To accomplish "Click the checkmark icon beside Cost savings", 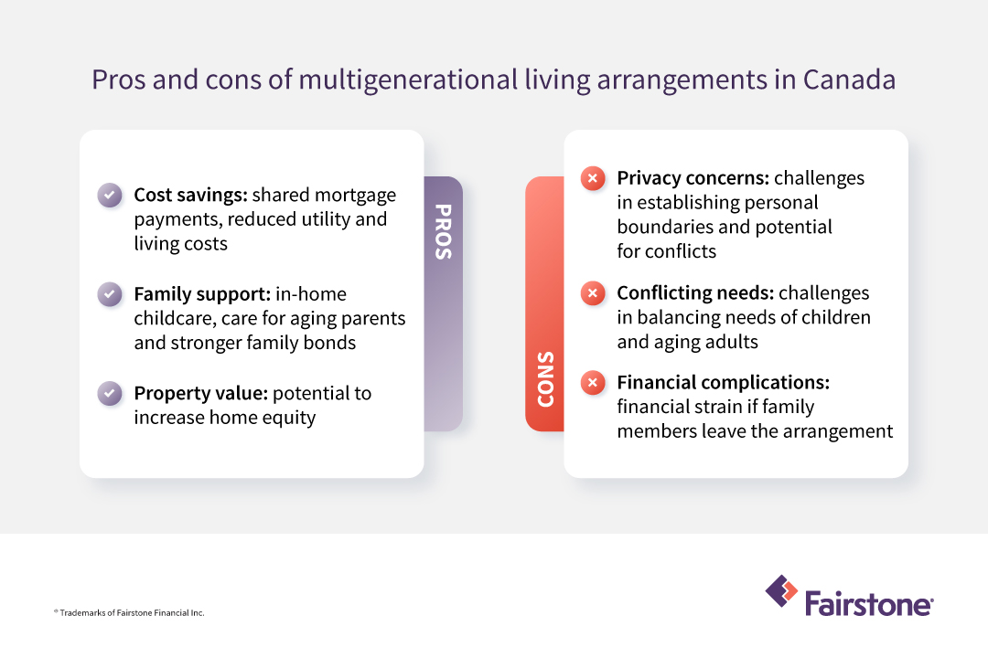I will (x=110, y=196).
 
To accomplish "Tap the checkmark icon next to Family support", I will (x=110, y=294).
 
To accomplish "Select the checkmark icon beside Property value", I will (x=110, y=394).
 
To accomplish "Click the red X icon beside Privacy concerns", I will (x=593, y=178).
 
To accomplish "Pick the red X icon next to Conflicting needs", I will (x=593, y=293).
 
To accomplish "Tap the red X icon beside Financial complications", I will (x=593, y=383).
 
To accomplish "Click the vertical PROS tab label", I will (x=443, y=231).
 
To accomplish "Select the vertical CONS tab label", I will (x=545, y=378).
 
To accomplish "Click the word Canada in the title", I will (x=849, y=80).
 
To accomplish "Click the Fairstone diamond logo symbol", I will (x=780, y=590).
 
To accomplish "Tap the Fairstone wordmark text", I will (x=868, y=604).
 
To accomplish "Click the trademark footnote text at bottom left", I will (x=129, y=612).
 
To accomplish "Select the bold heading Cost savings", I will (x=189, y=195).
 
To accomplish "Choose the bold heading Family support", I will (x=199, y=294).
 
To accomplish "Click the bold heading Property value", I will (x=199, y=393).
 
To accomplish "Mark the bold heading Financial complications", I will (x=723, y=382).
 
